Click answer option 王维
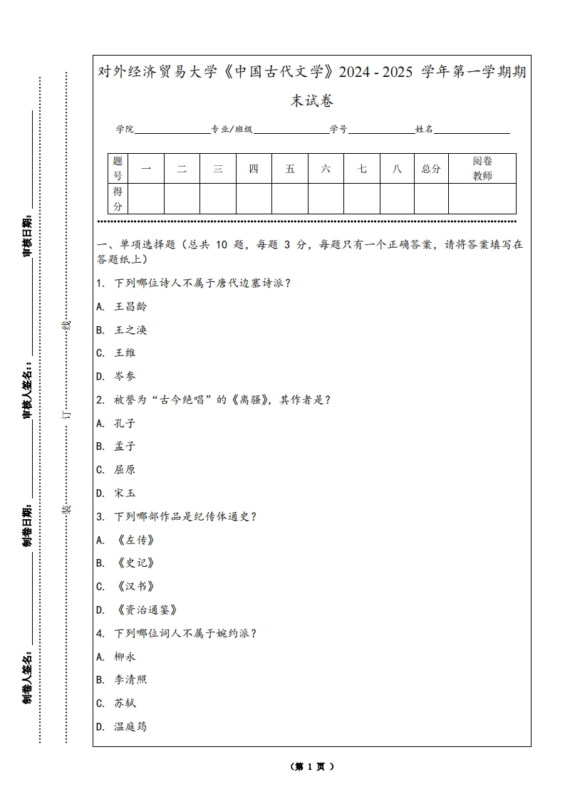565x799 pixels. (125, 353)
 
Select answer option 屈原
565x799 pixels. (125, 470)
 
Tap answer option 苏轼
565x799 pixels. (125, 704)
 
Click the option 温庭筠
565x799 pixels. (130, 727)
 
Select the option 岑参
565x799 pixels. (125, 377)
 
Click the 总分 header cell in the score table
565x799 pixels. (431, 169)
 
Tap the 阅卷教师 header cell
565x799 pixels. (482, 169)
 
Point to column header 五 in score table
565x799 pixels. (290, 169)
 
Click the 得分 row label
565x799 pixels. (118, 199)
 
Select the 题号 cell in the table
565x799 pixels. (118, 169)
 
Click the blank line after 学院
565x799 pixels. (172, 130)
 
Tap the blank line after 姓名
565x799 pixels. (472, 130)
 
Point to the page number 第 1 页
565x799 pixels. (312, 767)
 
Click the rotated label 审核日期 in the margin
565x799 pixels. (28, 234)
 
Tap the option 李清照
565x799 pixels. (130, 680)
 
